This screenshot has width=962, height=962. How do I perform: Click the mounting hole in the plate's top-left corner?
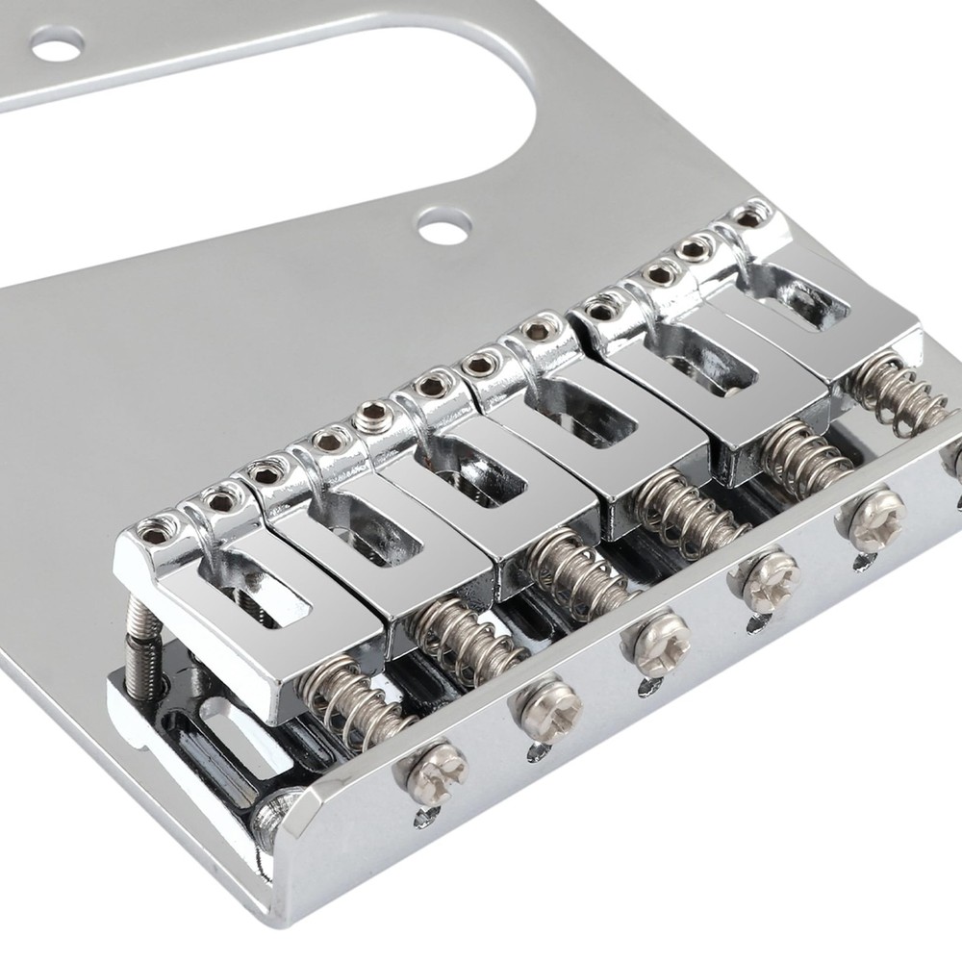click(57, 42)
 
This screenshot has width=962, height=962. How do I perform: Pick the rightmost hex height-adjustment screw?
click(750, 217)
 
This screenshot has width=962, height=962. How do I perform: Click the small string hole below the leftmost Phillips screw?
click(421, 818)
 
